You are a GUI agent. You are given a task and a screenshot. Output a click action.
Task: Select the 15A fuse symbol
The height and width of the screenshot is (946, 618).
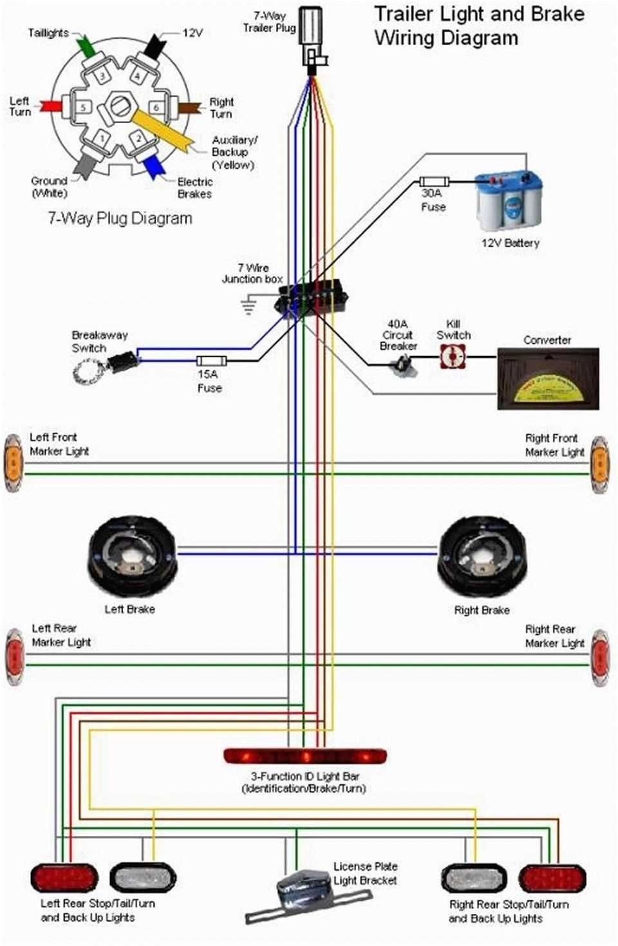coord(211,361)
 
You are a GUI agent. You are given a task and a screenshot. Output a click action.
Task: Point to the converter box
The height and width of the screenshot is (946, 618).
coord(548,379)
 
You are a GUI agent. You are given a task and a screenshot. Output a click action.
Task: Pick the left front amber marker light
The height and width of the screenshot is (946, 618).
coord(14,463)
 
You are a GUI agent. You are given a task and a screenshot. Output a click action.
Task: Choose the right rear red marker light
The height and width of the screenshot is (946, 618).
coord(599,657)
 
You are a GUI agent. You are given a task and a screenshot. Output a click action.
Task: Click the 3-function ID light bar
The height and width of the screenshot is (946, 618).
coord(304,755)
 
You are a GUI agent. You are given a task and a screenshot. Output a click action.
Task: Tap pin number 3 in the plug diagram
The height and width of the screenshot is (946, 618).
coord(102,76)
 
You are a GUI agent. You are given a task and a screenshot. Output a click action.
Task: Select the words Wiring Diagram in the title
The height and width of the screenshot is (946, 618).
coord(445,37)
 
